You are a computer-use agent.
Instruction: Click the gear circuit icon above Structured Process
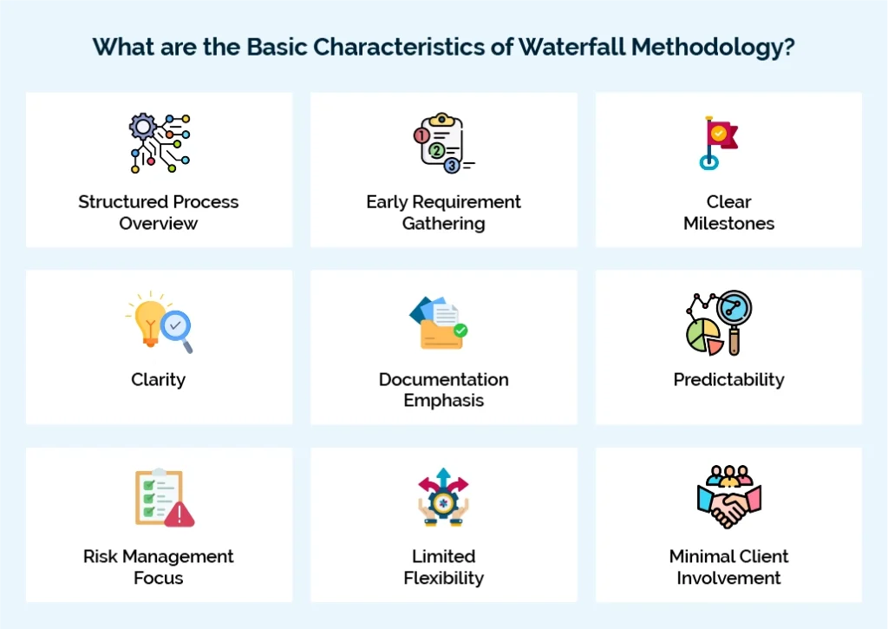(x=160, y=143)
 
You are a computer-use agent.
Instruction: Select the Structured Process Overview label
(x=159, y=213)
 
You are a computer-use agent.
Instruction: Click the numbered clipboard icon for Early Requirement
(x=439, y=143)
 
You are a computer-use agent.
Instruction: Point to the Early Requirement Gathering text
(x=443, y=213)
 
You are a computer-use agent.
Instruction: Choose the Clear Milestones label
(x=728, y=213)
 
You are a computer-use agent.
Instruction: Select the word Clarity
(x=159, y=380)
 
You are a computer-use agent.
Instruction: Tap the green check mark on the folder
(x=460, y=331)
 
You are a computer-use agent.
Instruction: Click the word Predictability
(x=728, y=380)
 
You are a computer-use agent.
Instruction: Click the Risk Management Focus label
(x=159, y=567)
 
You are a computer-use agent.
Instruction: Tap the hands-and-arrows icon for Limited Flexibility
(x=443, y=498)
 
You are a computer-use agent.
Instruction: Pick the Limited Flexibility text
(x=443, y=567)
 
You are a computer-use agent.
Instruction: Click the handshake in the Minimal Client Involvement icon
(x=728, y=508)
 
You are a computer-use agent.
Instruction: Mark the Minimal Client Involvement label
(x=728, y=567)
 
